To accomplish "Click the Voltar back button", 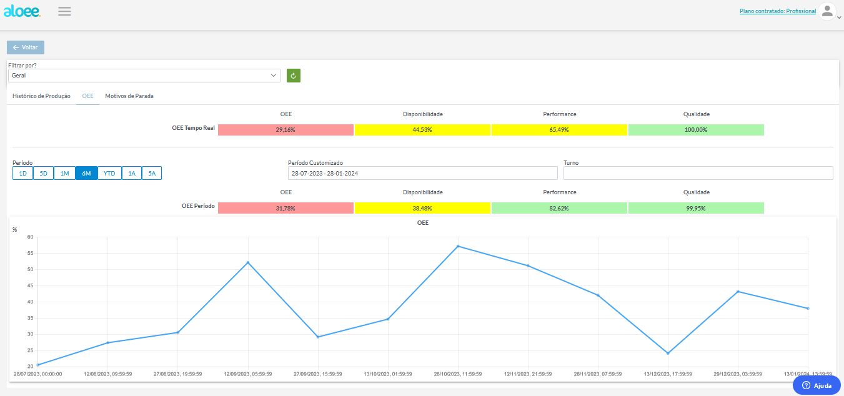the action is point(26,47).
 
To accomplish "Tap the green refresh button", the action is point(294,76).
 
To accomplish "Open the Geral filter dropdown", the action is point(144,76).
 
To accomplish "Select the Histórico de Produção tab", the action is point(41,96).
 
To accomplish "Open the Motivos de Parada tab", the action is point(129,96).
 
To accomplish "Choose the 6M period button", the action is point(86,173).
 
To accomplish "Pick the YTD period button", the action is point(109,173).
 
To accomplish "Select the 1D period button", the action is point(23,173).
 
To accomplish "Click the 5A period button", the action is point(152,173).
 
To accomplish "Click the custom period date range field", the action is point(423,173).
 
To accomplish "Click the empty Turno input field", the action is point(698,173).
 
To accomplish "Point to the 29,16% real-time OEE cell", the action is point(285,130).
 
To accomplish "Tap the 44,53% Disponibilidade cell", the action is point(422,130).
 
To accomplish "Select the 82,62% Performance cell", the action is point(559,208).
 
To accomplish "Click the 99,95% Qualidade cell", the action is point(696,208).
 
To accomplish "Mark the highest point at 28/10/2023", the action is point(458,247).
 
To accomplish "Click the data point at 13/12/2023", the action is point(668,354).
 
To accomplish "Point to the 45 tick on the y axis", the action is point(30,285).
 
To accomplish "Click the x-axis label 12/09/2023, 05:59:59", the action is point(248,374).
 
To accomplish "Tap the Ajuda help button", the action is point(817,385).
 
